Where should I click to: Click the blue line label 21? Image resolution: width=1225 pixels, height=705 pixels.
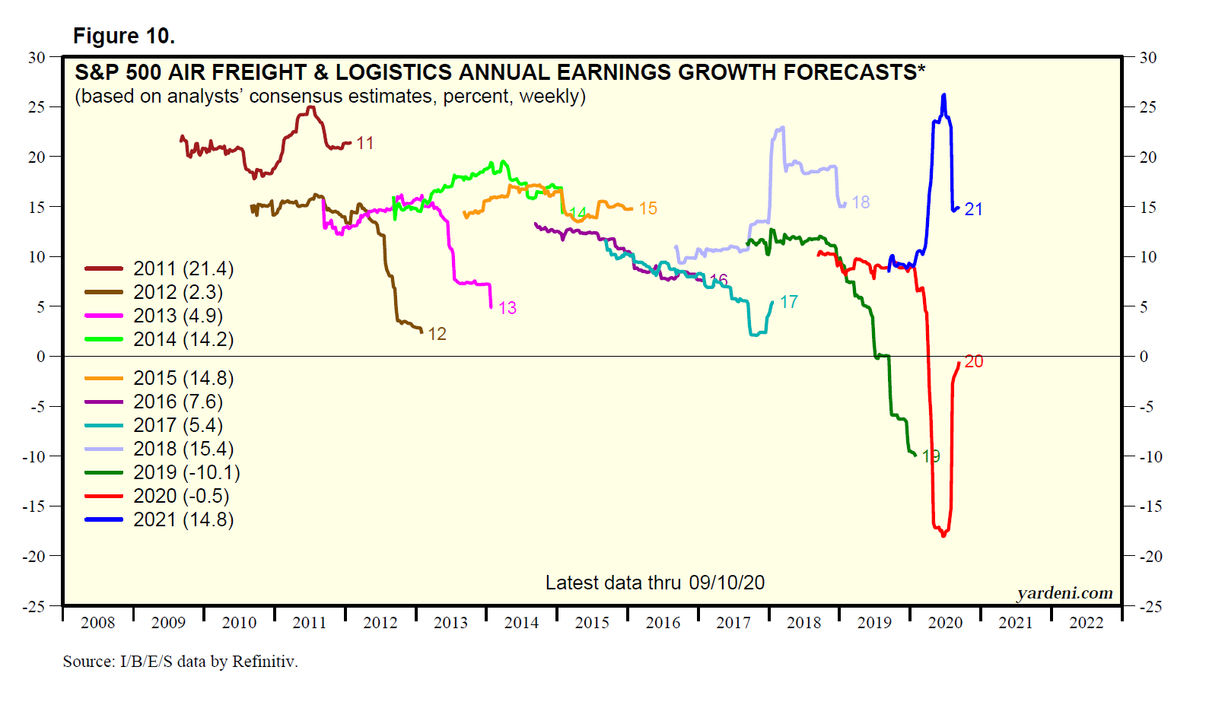[x=973, y=210]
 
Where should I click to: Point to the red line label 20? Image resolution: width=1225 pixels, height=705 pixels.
[x=973, y=362]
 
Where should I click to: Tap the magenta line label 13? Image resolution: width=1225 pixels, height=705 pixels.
[x=508, y=308]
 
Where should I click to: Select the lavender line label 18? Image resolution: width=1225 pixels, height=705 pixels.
[x=861, y=202]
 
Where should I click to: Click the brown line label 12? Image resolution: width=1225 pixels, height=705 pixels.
[x=437, y=334]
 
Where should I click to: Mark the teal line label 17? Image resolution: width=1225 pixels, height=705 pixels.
[x=788, y=302]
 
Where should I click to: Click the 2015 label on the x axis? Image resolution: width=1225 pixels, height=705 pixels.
[x=592, y=623]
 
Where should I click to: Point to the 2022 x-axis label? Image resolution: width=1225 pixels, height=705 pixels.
[x=1086, y=623]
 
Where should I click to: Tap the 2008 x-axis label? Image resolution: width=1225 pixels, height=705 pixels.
[x=98, y=623]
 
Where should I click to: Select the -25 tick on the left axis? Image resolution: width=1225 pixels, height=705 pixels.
[x=34, y=606]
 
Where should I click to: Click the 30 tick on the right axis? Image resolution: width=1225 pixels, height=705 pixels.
[x=1147, y=58]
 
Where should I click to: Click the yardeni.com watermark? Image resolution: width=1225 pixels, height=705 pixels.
[x=1064, y=593]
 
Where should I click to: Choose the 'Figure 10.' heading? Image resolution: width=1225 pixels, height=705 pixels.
[x=124, y=36]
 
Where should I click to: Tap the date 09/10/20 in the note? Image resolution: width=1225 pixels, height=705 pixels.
[x=727, y=583]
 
